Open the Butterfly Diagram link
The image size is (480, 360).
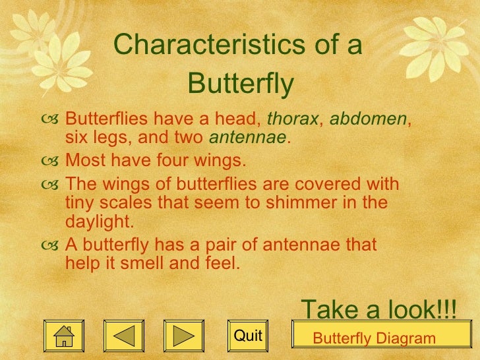pyautogui.click(x=374, y=339)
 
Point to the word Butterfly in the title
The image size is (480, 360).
pyautogui.click(x=240, y=84)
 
